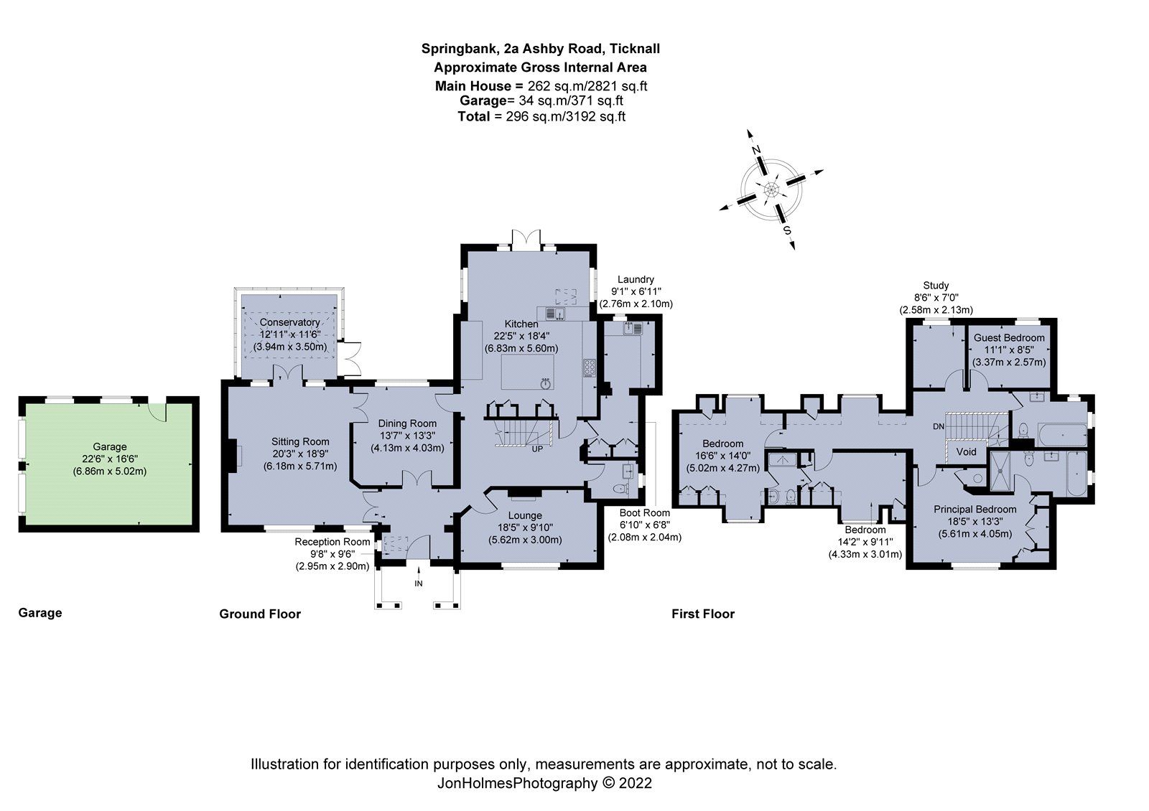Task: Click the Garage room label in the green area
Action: point(109,446)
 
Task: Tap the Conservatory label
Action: point(289,323)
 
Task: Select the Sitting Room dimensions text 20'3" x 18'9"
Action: point(300,454)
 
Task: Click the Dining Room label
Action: point(408,423)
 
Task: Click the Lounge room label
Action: point(524,515)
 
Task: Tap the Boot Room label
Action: point(645,513)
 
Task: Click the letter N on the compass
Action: point(756,149)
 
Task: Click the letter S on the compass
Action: point(787,231)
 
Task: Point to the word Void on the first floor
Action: point(967,451)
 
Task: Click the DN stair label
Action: point(939,427)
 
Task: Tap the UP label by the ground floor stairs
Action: point(536,449)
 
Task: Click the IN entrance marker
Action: point(419,583)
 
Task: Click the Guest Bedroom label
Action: point(1008,337)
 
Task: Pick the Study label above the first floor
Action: point(936,285)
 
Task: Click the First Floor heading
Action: point(702,614)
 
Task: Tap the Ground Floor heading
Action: point(259,614)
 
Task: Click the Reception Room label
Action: point(332,542)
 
